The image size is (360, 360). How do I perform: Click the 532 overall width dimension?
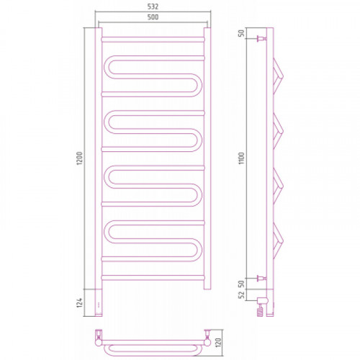pos(153,6)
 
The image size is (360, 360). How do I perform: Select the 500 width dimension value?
pos(153,17)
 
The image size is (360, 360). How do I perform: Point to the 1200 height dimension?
pos(79,158)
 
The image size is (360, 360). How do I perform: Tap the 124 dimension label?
pos(79,302)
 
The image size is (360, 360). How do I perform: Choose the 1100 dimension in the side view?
pos(241,158)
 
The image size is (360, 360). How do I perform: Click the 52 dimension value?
pos(241,294)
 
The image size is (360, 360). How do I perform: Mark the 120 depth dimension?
pos(218,343)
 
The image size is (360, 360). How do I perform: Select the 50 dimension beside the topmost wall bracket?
pos(241,33)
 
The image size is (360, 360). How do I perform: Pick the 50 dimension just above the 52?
pos(241,284)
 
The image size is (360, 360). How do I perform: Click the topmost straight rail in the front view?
pos(153,40)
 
